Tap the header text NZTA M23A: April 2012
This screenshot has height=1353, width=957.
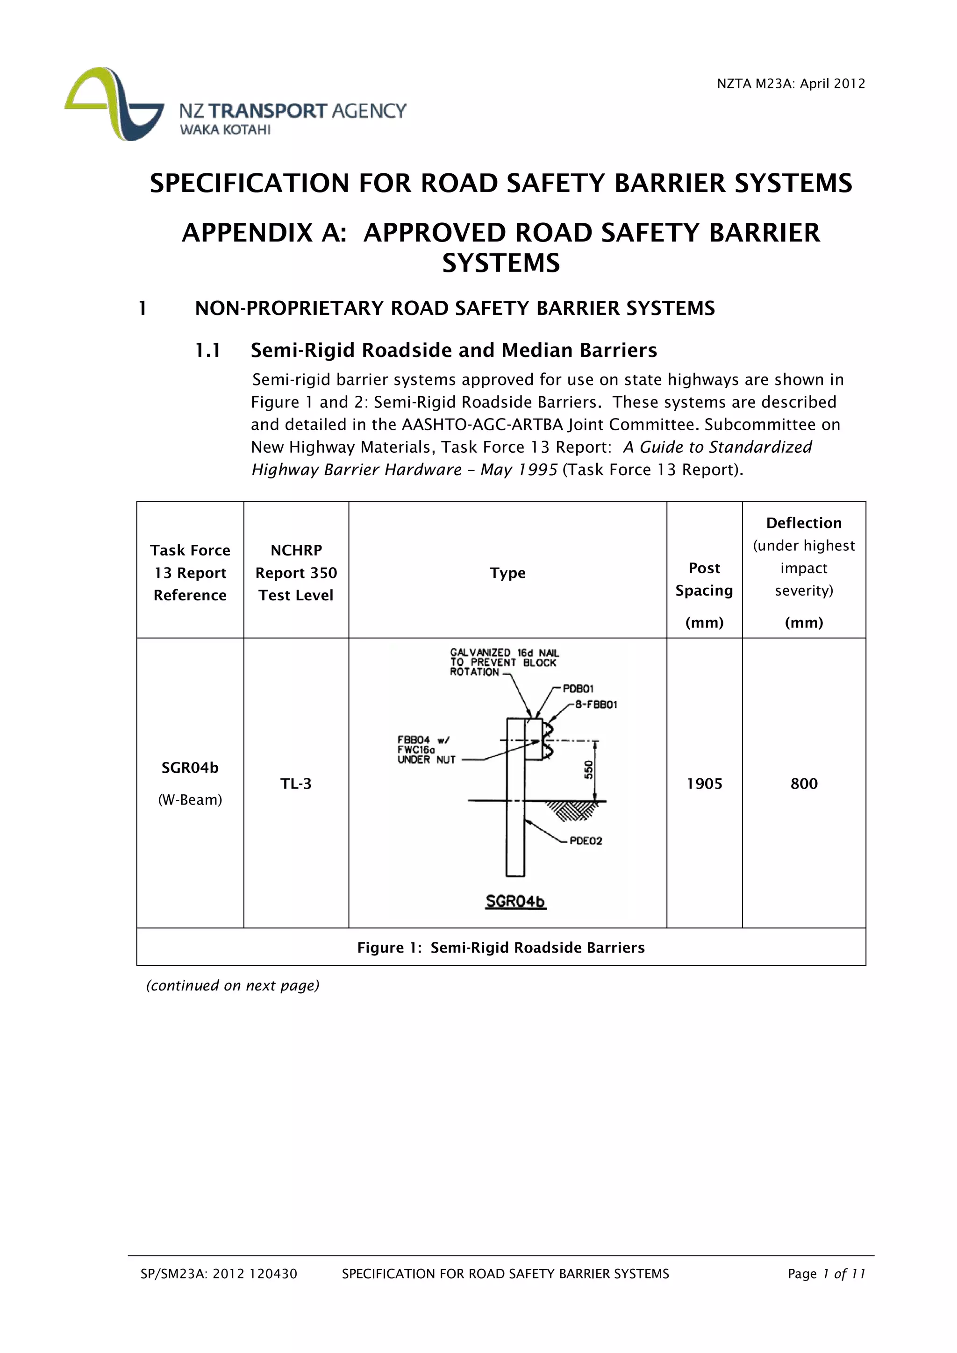790,84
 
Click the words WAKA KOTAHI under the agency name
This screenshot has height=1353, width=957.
225,129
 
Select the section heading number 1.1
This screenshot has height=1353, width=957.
207,350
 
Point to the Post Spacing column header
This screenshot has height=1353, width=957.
704,579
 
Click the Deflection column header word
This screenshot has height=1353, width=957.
804,523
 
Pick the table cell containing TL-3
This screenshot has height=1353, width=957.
296,784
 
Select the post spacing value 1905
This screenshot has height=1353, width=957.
704,784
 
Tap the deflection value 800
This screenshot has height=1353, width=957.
804,784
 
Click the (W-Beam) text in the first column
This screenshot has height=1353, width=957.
190,800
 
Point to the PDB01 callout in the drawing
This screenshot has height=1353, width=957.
578,688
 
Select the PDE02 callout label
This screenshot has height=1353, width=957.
586,841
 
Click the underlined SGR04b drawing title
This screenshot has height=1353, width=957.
515,902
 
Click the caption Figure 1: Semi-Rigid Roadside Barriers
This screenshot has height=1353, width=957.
501,947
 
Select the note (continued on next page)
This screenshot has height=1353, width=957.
233,985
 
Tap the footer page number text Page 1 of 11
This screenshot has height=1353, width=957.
826,1274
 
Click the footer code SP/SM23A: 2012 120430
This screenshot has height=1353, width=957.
219,1274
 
